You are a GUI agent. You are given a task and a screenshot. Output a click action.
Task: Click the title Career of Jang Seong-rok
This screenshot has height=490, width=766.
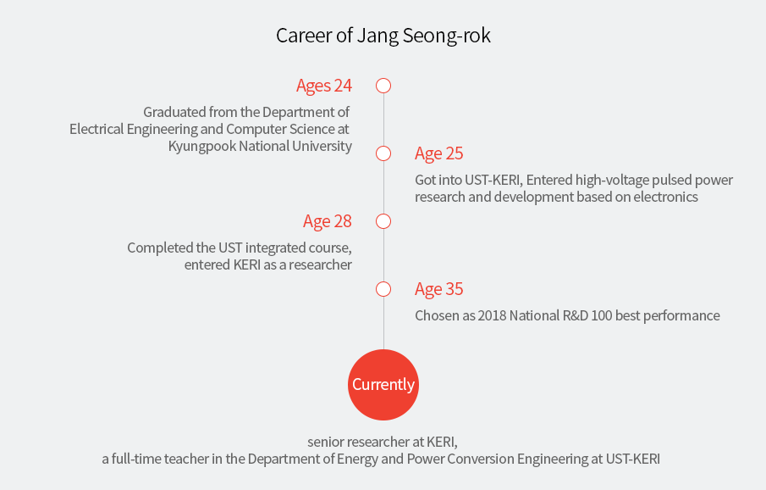(x=383, y=36)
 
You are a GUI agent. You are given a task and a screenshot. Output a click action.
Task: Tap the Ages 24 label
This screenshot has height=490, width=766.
(x=324, y=86)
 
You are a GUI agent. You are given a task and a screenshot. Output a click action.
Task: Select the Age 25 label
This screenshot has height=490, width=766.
(x=438, y=153)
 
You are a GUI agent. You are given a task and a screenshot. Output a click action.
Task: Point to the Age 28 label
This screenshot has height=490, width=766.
(x=328, y=222)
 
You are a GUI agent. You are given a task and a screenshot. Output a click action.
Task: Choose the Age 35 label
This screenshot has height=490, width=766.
(x=438, y=289)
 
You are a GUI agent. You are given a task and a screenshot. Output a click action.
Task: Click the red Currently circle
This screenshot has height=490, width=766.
(x=383, y=385)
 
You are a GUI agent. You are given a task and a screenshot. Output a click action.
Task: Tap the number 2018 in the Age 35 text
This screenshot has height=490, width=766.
(x=492, y=315)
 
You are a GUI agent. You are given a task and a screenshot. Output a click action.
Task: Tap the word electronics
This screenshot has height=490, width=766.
(x=666, y=197)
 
